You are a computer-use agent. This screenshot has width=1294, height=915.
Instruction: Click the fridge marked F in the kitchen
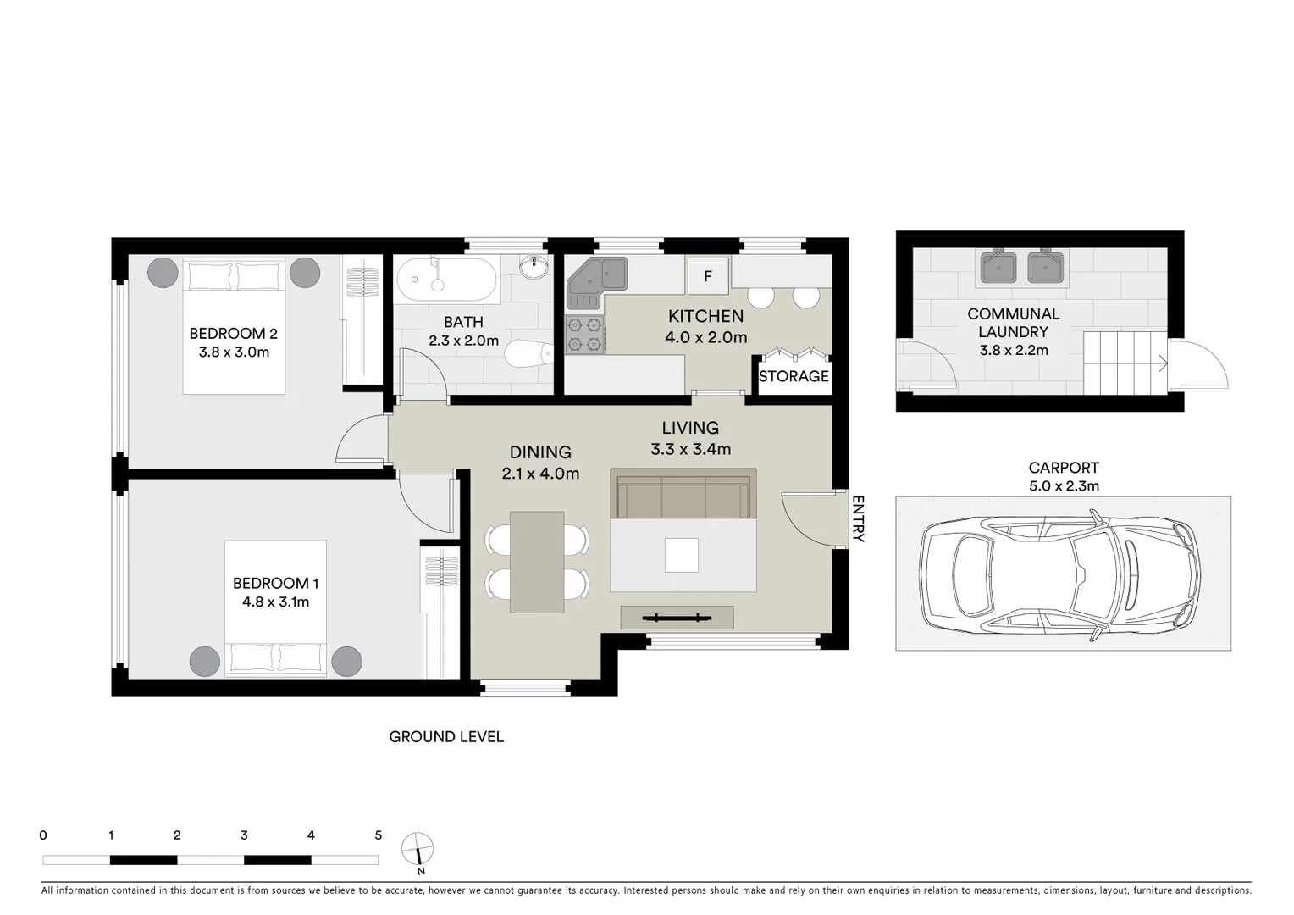pyautogui.click(x=708, y=275)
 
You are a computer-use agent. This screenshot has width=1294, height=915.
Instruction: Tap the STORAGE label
pyautogui.click(x=794, y=376)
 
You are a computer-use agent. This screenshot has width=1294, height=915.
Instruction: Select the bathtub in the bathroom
pyautogui.click(x=446, y=280)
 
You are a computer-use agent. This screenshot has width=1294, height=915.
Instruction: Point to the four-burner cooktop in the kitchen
pyautogui.click(x=584, y=334)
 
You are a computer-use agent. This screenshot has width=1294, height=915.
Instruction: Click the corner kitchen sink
pyautogui.click(x=596, y=280)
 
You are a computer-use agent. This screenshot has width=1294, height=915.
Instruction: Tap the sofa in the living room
pyautogui.click(x=683, y=496)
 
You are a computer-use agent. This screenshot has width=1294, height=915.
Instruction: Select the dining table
pyautogui.click(x=537, y=562)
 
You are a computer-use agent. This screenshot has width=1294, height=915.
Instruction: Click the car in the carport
pyautogui.click(x=1062, y=574)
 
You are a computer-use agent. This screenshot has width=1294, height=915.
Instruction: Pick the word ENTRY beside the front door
pyautogui.click(x=857, y=518)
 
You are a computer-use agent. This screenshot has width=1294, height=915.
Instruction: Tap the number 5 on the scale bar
pyautogui.click(x=379, y=835)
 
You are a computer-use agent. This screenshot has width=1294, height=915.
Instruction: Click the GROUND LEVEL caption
pyautogui.click(x=446, y=737)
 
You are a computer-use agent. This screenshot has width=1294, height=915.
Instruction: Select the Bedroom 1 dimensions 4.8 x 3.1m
pyautogui.click(x=275, y=602)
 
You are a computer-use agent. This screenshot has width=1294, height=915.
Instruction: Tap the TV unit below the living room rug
pyautogui.click(x=677, y=618)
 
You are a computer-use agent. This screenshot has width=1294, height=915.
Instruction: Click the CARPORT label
pyautogui.click(x=1064, y=468)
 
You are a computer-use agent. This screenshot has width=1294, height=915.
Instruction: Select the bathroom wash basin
pyautogui.click(x=534, y=269)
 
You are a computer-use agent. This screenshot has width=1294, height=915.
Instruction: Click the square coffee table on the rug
pyautogui.click(x=682, y=556)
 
